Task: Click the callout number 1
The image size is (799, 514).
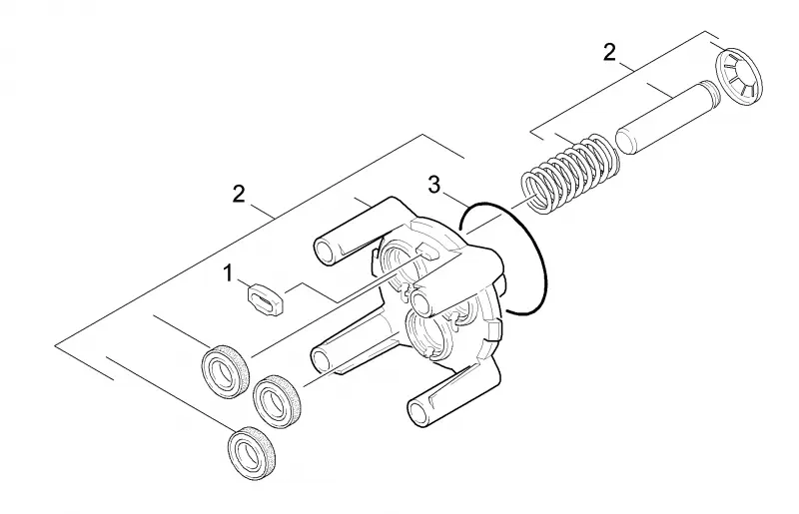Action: point(229,273)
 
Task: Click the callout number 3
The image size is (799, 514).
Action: point(433,186)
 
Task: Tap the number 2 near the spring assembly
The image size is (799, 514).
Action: point(609,53)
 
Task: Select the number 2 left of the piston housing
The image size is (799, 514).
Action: point(239,195)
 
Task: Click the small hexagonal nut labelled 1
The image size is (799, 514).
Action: point(265,299)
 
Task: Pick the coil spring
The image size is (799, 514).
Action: point(570,173)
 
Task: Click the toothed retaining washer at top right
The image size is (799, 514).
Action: point(739,78)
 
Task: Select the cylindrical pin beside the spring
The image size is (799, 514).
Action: point(666,118)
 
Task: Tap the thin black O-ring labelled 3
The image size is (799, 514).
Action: point(503,259)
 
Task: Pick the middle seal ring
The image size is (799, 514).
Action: point(278,401)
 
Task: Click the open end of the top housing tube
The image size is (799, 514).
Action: point(326,251)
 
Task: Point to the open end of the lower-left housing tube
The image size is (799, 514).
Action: point(323,359)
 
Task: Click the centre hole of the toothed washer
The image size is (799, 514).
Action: point(740,79)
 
